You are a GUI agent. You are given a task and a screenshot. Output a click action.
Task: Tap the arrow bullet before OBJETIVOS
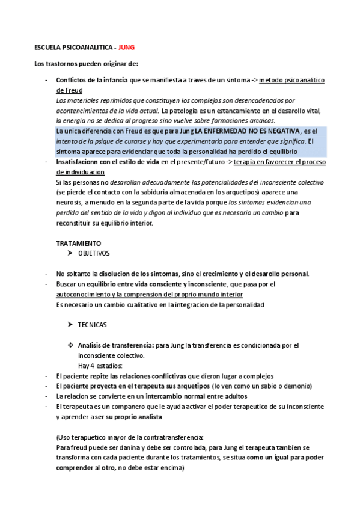(x=70, y=253)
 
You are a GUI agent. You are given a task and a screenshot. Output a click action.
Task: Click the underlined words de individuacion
(x=81, y=172)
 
